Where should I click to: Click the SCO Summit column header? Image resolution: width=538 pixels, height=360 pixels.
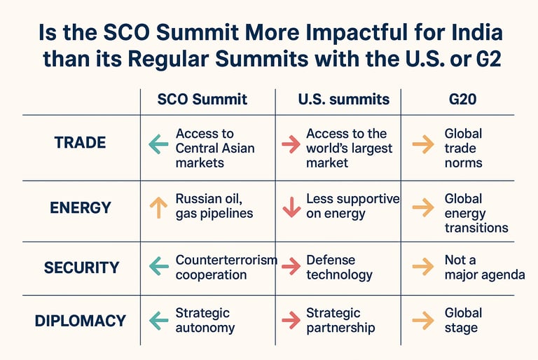pyautogui.click(x=202, y=99)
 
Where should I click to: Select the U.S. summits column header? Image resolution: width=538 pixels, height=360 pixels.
pyautogui.click(x=344, y=99)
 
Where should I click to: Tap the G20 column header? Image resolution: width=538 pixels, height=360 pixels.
pyautogui.click(x=462, y=99)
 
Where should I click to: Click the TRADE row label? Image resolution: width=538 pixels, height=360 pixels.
pyautogui.click(x=80, y=142)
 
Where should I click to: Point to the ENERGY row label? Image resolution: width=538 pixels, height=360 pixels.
pyautogui.click(x=81, y=207)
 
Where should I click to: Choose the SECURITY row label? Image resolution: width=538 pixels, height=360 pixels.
pyautogui.click(x=82, y=268)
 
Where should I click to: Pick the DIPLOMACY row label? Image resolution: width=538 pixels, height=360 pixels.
pyautogui.click(x=81, y=321)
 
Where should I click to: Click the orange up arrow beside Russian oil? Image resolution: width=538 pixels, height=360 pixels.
pyautogui.click(x=158, y=207)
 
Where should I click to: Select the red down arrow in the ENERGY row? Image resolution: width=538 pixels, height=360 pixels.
pyautogui.click(x=291, y=207)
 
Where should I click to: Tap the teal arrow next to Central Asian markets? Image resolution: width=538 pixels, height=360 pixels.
pyautogui.click(x=158, y=144)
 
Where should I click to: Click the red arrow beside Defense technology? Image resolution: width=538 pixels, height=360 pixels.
pyautogui.click(x=291, y=266)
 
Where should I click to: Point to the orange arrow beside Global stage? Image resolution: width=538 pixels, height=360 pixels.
pyautogui.click(x=423, y=321)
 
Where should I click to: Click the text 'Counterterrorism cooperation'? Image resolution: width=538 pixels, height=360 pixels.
pyautogui.click(x=226, y=268)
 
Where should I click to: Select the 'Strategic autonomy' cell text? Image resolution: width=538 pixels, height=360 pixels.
pyautogui.click(x=205, y=320)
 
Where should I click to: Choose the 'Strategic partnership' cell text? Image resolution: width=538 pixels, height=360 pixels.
pyautogui.click(x=340, y=320)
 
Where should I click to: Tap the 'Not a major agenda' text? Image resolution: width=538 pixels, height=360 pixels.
pyautogui.click(x=485, y=268)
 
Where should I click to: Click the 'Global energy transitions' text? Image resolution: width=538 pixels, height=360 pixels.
pyautogui.click(x=476, y=213)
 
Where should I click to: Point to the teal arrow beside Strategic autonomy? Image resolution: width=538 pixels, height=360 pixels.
pyautogui.click(x=159, y=321)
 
